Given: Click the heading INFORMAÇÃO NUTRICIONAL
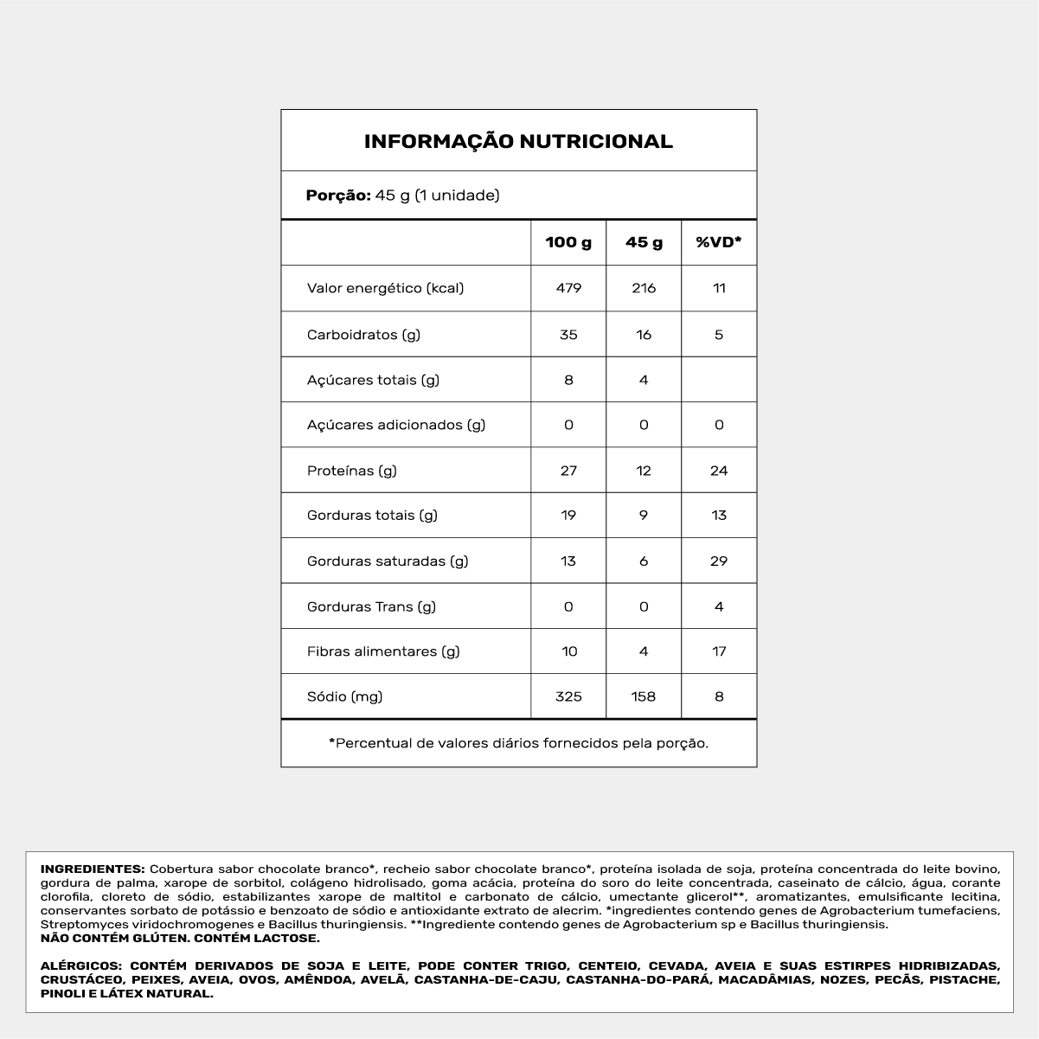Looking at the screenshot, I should (518, 141).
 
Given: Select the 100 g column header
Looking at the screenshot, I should (568, 242).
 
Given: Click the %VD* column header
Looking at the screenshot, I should (719, 242).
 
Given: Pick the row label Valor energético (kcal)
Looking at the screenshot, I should (385, 288).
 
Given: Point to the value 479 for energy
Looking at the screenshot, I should (568, 288).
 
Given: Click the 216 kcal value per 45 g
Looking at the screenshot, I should (644, 288).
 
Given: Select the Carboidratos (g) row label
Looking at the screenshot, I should (363, 335).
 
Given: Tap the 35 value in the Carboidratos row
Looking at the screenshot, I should (568, 335).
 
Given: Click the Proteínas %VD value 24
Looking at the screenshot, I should (719, 471).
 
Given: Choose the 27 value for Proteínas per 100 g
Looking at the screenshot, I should (568, 471).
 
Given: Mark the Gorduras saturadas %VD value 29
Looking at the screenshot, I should (719, 561).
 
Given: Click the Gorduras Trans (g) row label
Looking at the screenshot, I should (371, 606).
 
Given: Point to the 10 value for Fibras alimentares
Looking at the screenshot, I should (568, 651).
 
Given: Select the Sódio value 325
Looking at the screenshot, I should (568, 696).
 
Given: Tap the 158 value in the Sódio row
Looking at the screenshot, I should (644, 696).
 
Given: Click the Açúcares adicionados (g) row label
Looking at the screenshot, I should (396, 425).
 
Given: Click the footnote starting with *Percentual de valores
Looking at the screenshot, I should (518, 743).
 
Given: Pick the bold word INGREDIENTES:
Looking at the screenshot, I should (93, 869).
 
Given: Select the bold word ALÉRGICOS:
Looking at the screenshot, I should (80, 966).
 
